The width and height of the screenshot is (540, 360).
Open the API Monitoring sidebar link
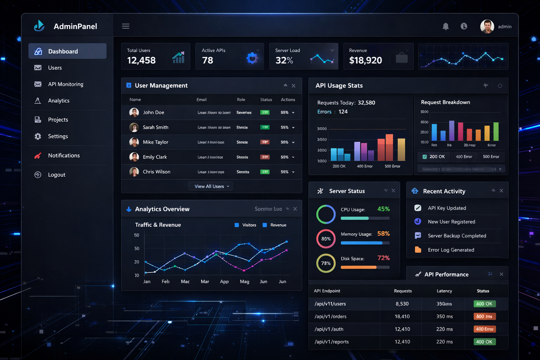[65, 84]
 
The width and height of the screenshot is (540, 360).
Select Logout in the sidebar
[56, 175]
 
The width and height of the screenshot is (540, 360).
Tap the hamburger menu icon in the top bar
[126, 26]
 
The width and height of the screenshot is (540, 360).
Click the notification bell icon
[445, 26]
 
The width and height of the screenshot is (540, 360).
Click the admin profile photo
[487, 26]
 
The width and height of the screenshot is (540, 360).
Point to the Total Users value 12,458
[141, 60]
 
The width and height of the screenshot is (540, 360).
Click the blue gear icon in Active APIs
[252, 58]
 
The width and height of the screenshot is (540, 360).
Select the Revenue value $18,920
[365, 60]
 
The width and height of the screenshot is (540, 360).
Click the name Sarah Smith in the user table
[155, 127]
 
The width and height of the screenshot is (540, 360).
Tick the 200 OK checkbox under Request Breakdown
[425, 157]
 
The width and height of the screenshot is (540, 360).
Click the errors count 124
[343, 112]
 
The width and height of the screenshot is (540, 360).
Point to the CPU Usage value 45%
[383, 209]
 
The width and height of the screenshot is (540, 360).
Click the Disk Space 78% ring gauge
[326, 263]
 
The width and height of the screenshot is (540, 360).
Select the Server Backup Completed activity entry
[457, 236]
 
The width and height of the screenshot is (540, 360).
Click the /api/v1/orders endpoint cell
[330, 316]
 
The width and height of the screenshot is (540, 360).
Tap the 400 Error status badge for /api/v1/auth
[484, 329]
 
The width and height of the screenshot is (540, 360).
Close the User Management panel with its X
[294, 86]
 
